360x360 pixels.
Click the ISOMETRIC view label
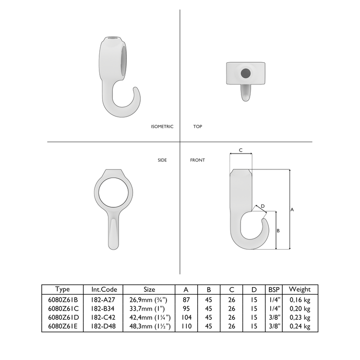click(162, 127)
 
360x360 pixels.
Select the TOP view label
click(197, 127)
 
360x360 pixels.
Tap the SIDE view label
click(162, 160)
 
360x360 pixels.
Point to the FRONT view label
click(197, 160)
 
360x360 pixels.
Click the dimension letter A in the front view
click(292, 209)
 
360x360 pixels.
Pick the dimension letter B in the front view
click(278, 231)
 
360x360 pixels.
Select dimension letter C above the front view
click(241, 151)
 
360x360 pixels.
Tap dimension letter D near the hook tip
click(262, 206)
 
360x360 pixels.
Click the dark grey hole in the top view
click(246, 73)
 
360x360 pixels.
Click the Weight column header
click(300, 289)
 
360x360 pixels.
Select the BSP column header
click(274, 289)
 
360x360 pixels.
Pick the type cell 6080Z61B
click(62, 299)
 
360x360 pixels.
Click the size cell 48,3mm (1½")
click(149, 326)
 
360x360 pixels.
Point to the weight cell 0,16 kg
click(300, 299)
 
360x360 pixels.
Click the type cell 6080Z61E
click(62, 326)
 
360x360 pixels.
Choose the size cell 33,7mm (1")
click(149, 308)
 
